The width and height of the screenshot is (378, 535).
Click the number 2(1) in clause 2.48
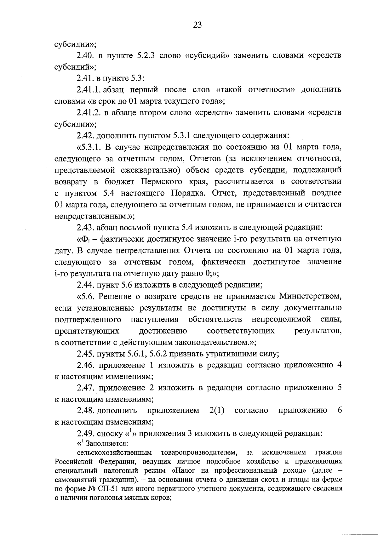[217, 411]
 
